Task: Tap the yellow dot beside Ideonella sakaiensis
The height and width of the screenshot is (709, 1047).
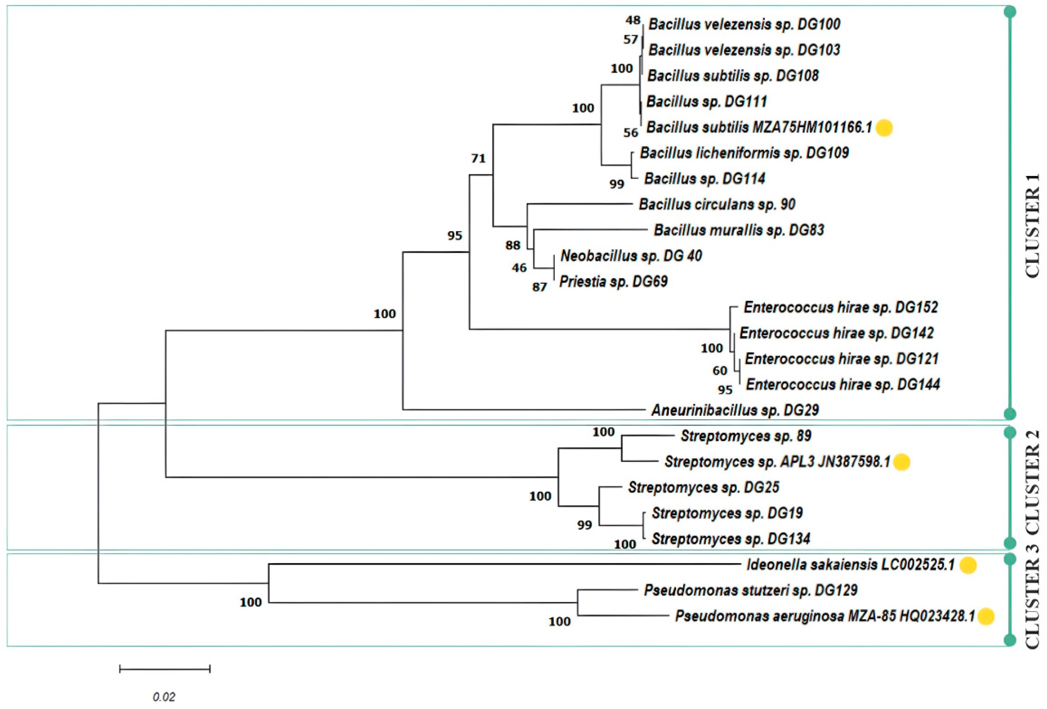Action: coord(968,565)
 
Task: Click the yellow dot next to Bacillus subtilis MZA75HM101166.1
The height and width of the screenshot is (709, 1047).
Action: coord(884,128)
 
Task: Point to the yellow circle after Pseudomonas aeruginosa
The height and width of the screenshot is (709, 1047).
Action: coord(986,616)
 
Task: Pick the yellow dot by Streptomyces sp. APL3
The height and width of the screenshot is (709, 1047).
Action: coord(902,462)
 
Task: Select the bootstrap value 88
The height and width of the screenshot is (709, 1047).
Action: coord(513,245)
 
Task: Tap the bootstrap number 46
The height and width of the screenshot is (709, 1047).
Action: coord(519,268)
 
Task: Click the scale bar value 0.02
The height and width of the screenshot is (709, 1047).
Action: coord(164,697)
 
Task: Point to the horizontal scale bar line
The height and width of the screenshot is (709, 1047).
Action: coord(165,669)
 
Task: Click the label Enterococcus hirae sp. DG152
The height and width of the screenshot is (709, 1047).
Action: coord(841,308)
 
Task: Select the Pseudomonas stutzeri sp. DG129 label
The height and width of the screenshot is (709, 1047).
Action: coord(750,590)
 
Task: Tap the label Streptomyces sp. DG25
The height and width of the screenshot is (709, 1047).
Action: coord(704,488)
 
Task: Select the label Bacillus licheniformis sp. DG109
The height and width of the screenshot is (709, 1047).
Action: coord(744,153)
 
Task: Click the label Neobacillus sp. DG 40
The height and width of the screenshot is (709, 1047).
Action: coord(631,256)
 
